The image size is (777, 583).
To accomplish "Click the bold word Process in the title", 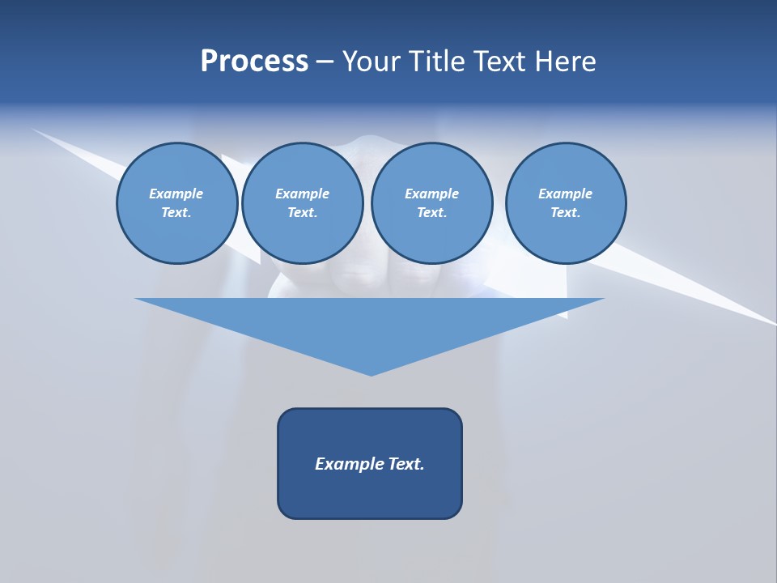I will [254, 62].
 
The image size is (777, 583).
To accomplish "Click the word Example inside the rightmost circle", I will [565, 194].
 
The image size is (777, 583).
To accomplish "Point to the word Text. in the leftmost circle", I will [176, 213].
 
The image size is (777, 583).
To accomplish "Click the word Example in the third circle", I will [431, 194].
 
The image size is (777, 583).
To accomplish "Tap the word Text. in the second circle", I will [302, 213].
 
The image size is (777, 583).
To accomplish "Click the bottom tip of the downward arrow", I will [371, 374].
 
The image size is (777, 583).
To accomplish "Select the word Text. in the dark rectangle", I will [406, 464].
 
